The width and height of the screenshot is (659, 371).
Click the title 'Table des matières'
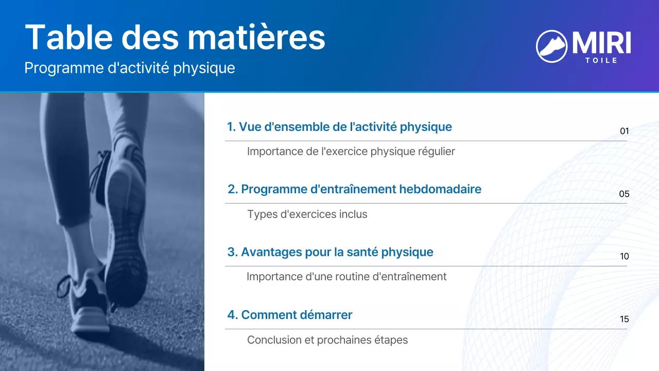coord(175,37)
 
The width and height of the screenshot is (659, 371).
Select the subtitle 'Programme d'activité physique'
coord(130,68)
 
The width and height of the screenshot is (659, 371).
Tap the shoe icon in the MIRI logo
coord(551,46)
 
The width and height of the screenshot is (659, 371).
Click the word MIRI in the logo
coord(601,43)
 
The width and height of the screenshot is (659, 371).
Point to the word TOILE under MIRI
coord(601,60)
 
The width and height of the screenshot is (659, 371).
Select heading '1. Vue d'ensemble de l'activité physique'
coord(339,127)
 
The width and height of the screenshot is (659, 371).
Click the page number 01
coord(624,131)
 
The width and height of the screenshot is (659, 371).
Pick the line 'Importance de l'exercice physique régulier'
coord(351,151)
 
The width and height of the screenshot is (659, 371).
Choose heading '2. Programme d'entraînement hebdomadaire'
coord(354,189)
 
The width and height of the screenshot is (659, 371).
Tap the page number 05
coord(624,194)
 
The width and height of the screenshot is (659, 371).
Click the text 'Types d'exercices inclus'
coord(307,214)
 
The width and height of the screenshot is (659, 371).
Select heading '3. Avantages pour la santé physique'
coord(330,252)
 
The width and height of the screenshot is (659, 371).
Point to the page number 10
coord(624,257)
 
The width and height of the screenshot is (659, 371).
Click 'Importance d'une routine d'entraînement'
coord(346,277)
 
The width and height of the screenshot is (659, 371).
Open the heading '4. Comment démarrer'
coord(289,315)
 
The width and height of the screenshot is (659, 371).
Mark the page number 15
coord(624,319)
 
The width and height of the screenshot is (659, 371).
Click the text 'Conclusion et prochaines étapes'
coord(327,340)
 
